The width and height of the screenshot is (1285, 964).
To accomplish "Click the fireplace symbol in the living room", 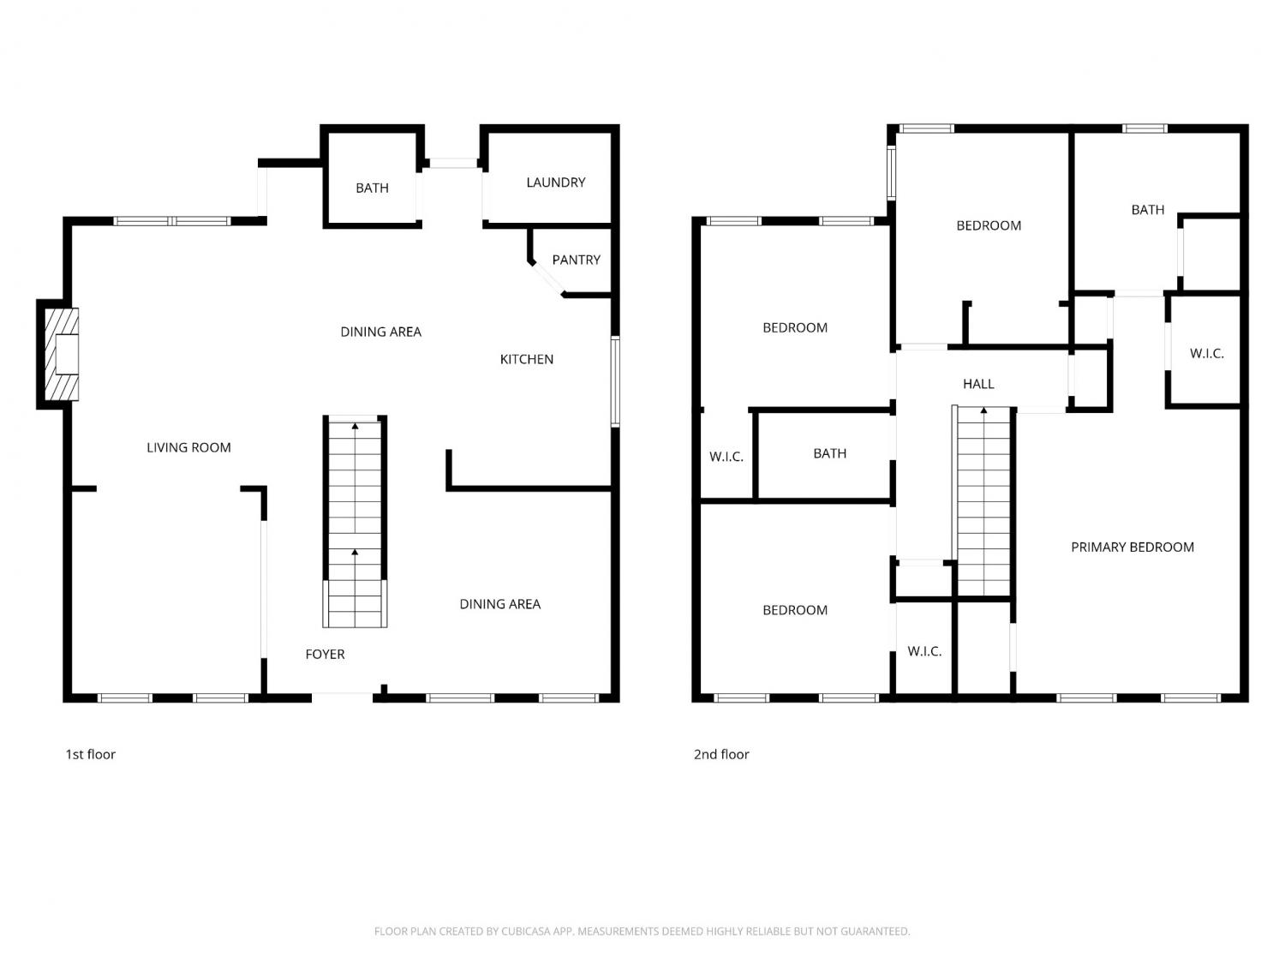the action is click(62, 354).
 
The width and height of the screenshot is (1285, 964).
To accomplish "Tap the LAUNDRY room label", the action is click(556, 183).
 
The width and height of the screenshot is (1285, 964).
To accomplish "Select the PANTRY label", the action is click(576, 260).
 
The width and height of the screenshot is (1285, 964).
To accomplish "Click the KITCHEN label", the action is click(526, 359).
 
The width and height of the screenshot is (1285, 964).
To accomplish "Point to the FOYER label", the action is click(325, 655).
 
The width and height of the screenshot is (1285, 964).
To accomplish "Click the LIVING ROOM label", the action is click(188, 448).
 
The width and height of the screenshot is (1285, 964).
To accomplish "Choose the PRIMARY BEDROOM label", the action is click(1133, 548).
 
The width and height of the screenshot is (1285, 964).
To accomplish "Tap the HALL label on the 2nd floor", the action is click(978, 384).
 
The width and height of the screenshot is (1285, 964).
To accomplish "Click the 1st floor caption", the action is click(90, 754).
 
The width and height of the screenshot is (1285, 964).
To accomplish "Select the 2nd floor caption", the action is click(721, 754).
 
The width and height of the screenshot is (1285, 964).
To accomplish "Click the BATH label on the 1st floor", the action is click(373, 188).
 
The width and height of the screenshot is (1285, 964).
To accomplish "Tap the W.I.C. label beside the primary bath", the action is click(1206, 354).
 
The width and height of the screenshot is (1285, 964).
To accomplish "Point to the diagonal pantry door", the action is click(548, 278).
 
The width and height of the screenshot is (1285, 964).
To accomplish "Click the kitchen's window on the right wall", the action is click(615, 381).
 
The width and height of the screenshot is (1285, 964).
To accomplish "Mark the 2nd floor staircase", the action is click(983, 501).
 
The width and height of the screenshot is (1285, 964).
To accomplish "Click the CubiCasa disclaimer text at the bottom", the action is click(642, 931).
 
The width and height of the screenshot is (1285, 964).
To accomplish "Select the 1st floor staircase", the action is click(355, 522).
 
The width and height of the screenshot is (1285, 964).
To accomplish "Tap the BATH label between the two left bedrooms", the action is click(829, 453).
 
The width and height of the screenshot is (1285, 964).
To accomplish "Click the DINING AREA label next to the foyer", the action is click(500, 604).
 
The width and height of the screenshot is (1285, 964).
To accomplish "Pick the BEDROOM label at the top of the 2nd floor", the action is click(989, 226).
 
